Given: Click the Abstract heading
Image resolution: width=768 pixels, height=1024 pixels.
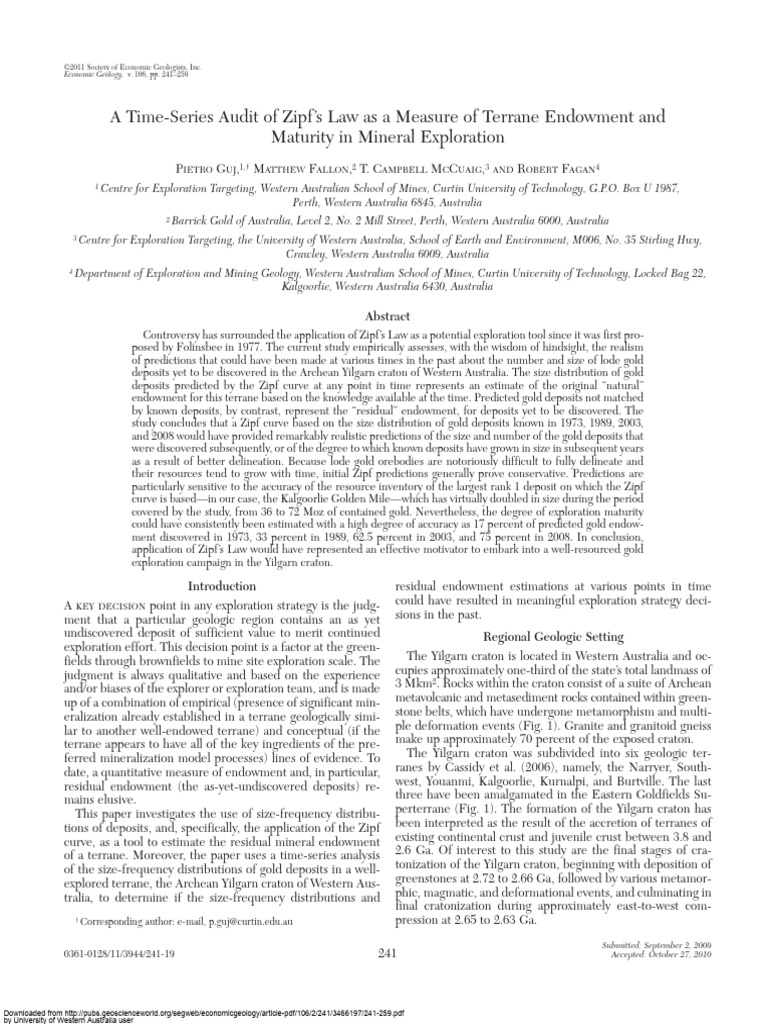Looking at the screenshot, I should [x=384, y=313].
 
